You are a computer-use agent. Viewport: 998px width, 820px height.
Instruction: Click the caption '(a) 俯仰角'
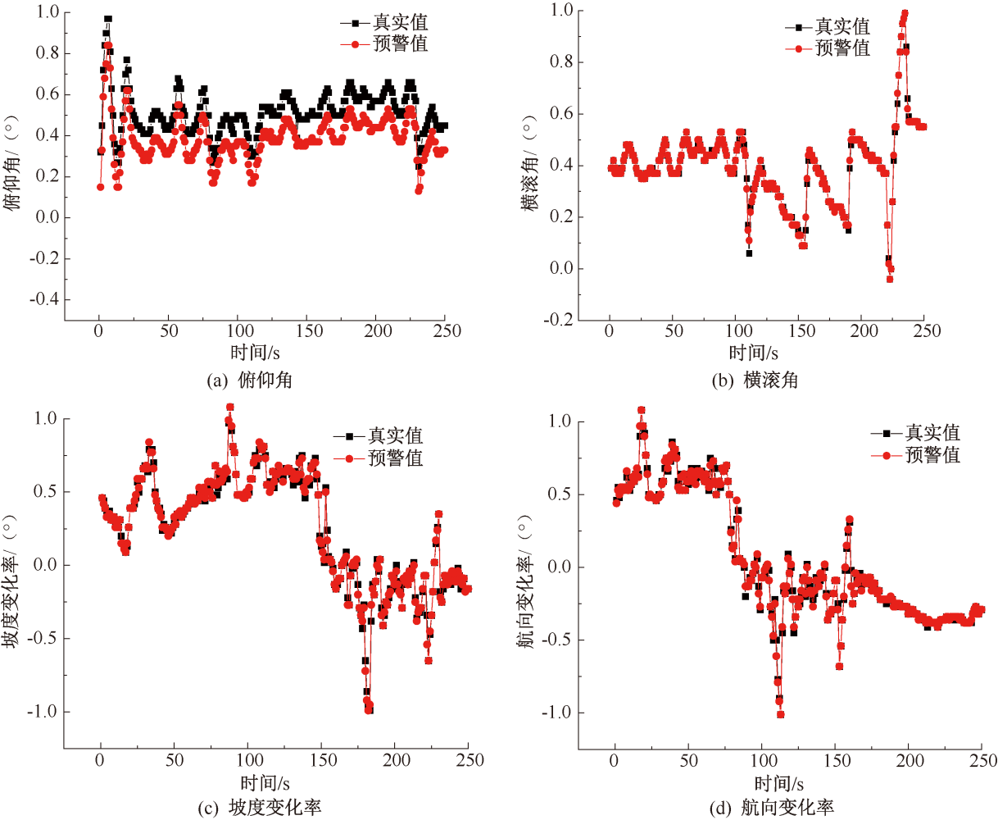point(250,380)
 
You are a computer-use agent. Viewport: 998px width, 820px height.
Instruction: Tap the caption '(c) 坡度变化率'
point(260,808)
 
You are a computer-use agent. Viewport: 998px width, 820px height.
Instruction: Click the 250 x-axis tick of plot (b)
point(926,330)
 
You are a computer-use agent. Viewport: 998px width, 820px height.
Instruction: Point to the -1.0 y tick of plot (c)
point(43,711)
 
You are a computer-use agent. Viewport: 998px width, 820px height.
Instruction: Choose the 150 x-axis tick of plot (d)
point(837,760)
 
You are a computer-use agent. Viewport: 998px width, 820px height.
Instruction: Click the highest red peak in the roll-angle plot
point(905,14)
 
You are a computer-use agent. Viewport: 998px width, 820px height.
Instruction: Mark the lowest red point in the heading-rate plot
point(780,714)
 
